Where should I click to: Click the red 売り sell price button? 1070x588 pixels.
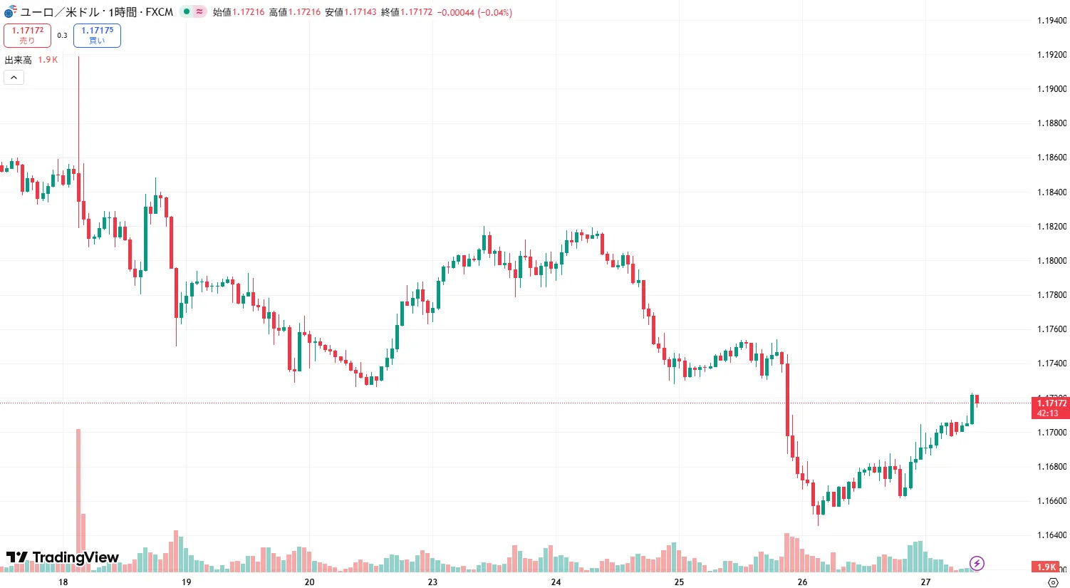coord(27,35)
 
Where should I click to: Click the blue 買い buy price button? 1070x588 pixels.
coord(97,35)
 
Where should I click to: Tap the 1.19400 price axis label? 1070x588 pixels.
coord(1051,21)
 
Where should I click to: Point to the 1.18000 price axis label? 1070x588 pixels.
coord(1051,261)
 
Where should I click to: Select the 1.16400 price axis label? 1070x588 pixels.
coord(1051,535)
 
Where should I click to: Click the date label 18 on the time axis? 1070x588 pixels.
coord(63,582)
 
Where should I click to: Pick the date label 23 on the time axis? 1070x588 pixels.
coord(432,582)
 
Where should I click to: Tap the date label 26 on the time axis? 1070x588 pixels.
coord(802,582)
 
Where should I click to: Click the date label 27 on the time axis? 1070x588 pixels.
coord(925,582)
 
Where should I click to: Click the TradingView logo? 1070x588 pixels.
coord(63,557)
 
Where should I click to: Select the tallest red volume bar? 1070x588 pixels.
coord(78,499)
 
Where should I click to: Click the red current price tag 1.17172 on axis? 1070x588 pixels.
coord(1050,408)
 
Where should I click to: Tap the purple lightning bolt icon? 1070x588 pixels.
coord(977,564)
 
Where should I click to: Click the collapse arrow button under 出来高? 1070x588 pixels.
coord(14,77)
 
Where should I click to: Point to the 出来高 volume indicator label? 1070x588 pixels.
coord(19,60)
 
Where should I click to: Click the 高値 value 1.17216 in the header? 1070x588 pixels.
coord(304,12)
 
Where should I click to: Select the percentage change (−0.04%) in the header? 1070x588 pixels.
coord(494,12)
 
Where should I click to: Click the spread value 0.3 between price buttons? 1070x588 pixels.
coord(62,35)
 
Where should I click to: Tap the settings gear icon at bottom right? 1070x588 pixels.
coord(1053,582)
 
